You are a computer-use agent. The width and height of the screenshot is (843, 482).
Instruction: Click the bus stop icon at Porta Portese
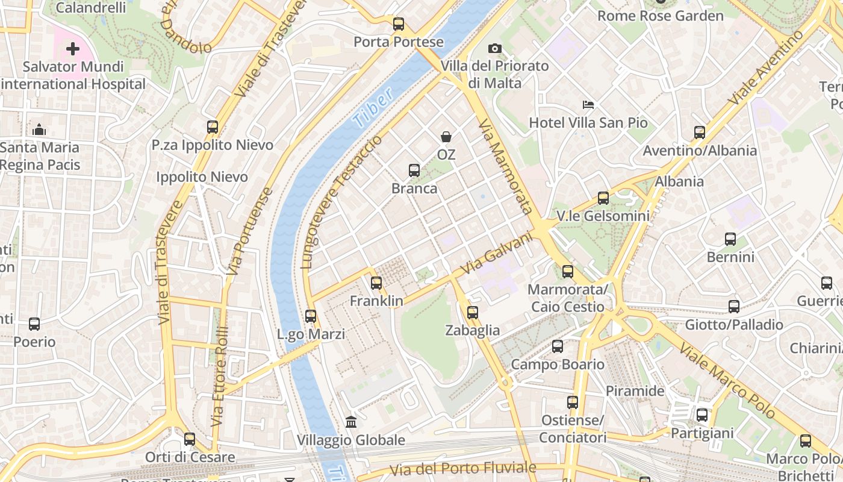pos(399,24)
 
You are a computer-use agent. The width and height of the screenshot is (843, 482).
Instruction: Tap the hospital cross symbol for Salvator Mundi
pos(73,49)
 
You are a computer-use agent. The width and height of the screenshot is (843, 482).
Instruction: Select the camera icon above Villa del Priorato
pos(495,48)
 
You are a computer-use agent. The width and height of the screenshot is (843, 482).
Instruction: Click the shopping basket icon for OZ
pos(446,137)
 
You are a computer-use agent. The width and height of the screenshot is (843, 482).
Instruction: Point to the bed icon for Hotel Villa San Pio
pos(588,105)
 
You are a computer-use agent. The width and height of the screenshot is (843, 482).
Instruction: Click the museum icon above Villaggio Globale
pos(351,422)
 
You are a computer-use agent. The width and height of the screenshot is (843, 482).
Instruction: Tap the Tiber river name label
pos(373,107)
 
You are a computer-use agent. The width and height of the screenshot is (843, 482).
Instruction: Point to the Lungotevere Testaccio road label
pos(341,202)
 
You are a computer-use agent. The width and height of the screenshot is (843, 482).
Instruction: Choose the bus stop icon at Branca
pos(414,171)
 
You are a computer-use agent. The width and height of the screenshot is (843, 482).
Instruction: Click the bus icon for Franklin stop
pos(376,283)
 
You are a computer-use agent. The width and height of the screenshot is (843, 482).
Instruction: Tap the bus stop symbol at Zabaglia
pos(473,312)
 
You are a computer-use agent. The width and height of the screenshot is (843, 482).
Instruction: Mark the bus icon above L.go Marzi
pos(311,316)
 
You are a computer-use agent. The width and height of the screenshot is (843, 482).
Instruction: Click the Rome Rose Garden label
pos(660,16)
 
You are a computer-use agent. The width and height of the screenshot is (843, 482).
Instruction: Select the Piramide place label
pos(635,391)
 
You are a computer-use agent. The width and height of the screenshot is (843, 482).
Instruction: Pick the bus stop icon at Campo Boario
pos(558,346)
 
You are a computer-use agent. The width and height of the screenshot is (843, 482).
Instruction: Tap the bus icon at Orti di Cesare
pos(190,439)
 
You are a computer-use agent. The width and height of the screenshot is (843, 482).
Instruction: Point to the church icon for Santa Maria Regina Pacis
pos(39,130)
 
